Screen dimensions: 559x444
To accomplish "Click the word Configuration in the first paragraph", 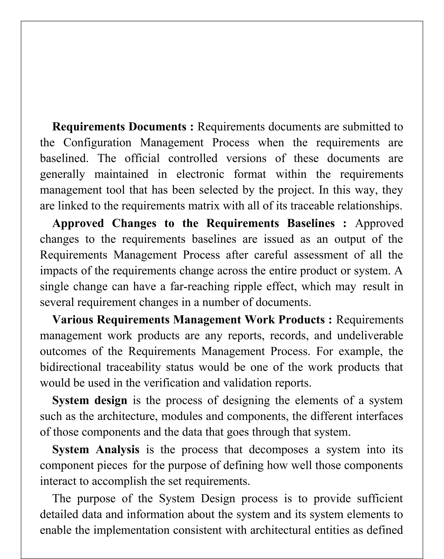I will [97, 143].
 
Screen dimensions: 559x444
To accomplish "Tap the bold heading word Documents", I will [157, 127].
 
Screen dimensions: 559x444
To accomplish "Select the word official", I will [142, 158].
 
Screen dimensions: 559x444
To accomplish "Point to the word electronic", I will [200, 174].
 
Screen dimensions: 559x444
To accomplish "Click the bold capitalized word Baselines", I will [311, 223].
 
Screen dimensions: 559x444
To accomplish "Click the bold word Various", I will [73, 320].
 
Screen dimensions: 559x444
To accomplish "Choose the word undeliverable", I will [370, 335].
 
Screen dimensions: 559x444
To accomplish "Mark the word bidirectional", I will [70, 367].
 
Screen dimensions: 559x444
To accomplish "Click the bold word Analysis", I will [118, 449].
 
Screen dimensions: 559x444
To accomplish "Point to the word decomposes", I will [278, 449].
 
